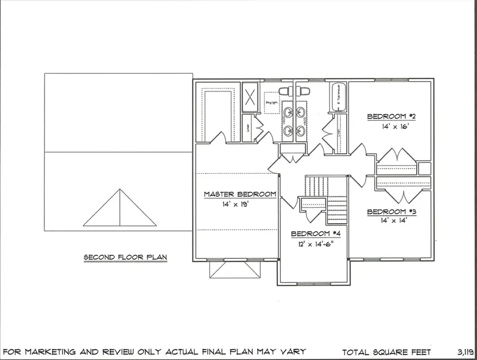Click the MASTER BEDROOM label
(240, 195)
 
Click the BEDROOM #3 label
(392, 212)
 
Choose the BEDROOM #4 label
(315, 234)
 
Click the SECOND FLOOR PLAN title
(126, 258)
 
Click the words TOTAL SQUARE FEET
(387, 352)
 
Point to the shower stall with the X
(250, 98)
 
